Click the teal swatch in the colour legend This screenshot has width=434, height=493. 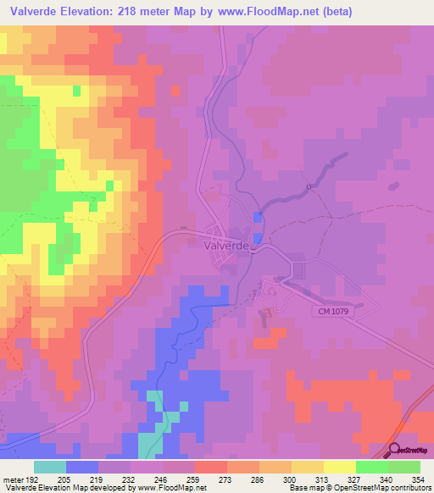click(x=50, y=467)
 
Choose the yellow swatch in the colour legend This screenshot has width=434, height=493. click(x=340, y=467)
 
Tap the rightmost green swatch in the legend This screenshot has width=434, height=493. click(x=404, y=467)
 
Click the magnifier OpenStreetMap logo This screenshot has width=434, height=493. click(x=394, y=451)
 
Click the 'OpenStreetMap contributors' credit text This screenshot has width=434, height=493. click(x=387, y=488)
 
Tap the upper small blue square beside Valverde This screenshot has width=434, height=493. click(x=258, y=218)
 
